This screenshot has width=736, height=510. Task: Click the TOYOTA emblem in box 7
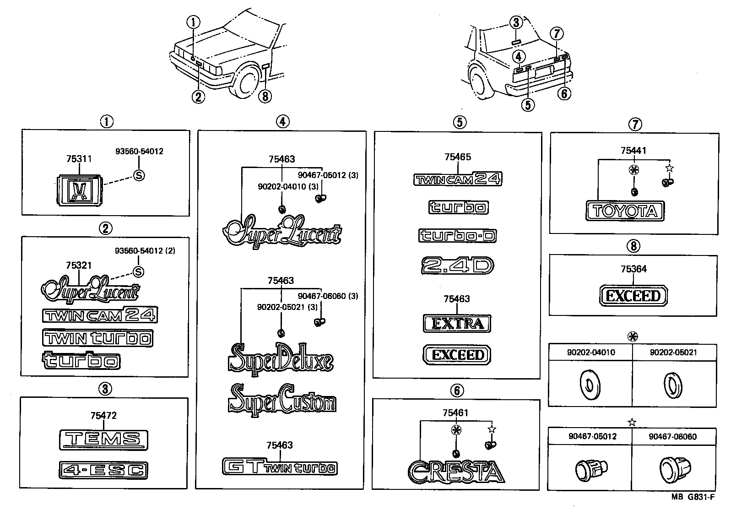[x=625, y=211]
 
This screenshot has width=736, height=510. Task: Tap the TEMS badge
[x=103, y=439]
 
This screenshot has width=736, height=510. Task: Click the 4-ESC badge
[x=103, y=470]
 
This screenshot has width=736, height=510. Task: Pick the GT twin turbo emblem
[x=280, y=467]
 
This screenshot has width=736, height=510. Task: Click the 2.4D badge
[x=457, y=266]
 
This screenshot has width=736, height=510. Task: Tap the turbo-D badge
[x=457, y=236]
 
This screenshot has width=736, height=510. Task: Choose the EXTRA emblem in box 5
[x=457, y=324]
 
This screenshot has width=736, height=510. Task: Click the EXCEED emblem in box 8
[x=633, y=296]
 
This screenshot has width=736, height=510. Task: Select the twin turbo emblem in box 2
[x=97, y=338]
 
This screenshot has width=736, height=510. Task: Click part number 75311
[x=79, y=159]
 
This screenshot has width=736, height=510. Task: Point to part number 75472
[x=103, y=415]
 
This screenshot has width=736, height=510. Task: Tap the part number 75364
[x=633, y=269]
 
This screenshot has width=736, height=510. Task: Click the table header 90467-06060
[x=672, y=437]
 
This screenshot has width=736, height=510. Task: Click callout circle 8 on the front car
[x=265, y=96]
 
